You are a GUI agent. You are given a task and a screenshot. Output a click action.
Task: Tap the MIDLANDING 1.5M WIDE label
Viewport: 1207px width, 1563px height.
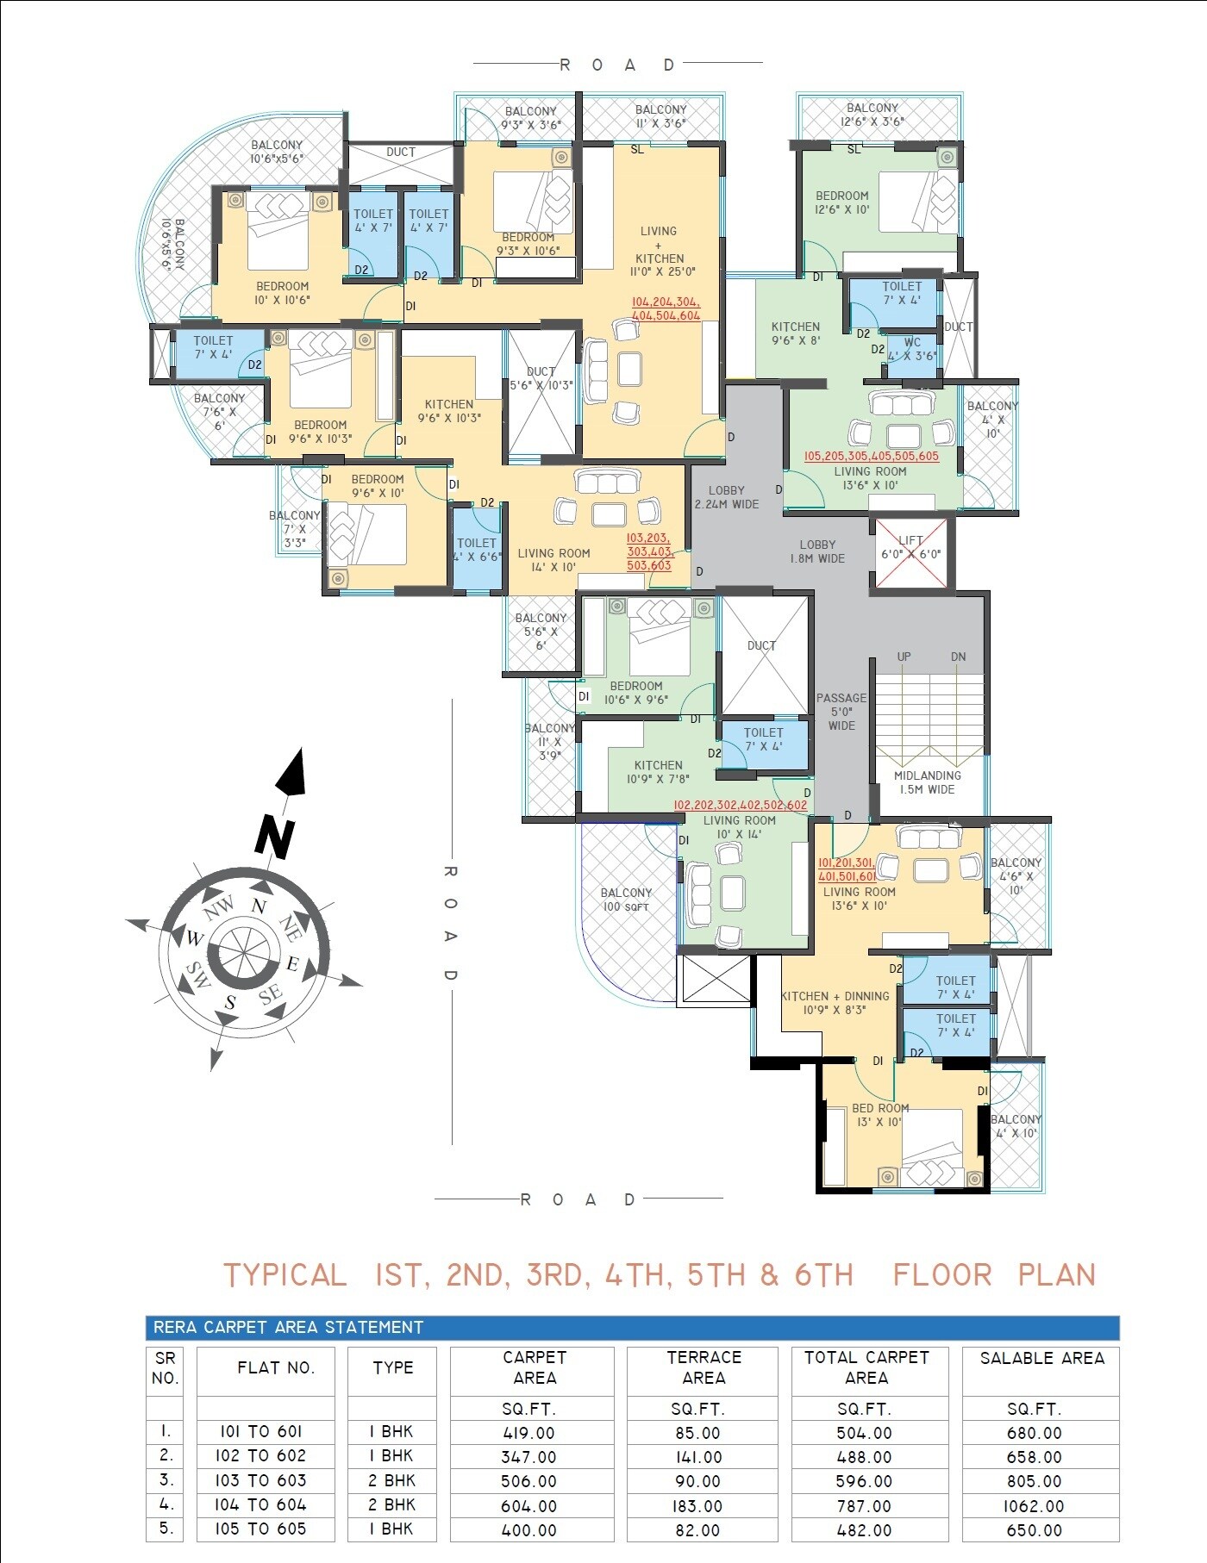927,782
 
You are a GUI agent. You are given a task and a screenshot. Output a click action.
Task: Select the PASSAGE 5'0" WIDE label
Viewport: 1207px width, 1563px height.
841,712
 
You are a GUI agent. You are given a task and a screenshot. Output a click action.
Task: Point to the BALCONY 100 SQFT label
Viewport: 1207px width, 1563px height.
626,900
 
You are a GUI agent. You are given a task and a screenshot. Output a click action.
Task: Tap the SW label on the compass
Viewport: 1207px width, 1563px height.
197,975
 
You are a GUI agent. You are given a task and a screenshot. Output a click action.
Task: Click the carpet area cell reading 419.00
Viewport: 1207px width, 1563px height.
528,1433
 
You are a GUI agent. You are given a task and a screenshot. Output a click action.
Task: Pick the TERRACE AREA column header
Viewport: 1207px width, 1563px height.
704,1367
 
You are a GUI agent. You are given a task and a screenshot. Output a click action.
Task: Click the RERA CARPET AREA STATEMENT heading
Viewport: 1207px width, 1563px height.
288,1328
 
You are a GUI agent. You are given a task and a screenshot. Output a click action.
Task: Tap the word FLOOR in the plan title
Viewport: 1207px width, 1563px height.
941,1275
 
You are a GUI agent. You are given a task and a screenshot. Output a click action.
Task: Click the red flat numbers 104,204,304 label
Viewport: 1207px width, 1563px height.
666,309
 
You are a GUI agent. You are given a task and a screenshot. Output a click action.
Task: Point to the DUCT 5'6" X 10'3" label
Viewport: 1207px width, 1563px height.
541,378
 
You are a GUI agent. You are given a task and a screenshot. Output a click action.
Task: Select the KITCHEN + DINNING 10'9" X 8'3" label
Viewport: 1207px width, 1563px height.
835,1002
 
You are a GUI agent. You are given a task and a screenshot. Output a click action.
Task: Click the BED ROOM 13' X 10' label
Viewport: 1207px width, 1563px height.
880,1115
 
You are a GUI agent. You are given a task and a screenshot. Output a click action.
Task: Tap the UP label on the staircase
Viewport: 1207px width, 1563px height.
904,657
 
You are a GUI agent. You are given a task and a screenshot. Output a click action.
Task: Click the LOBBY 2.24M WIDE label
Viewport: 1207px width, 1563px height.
727,497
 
